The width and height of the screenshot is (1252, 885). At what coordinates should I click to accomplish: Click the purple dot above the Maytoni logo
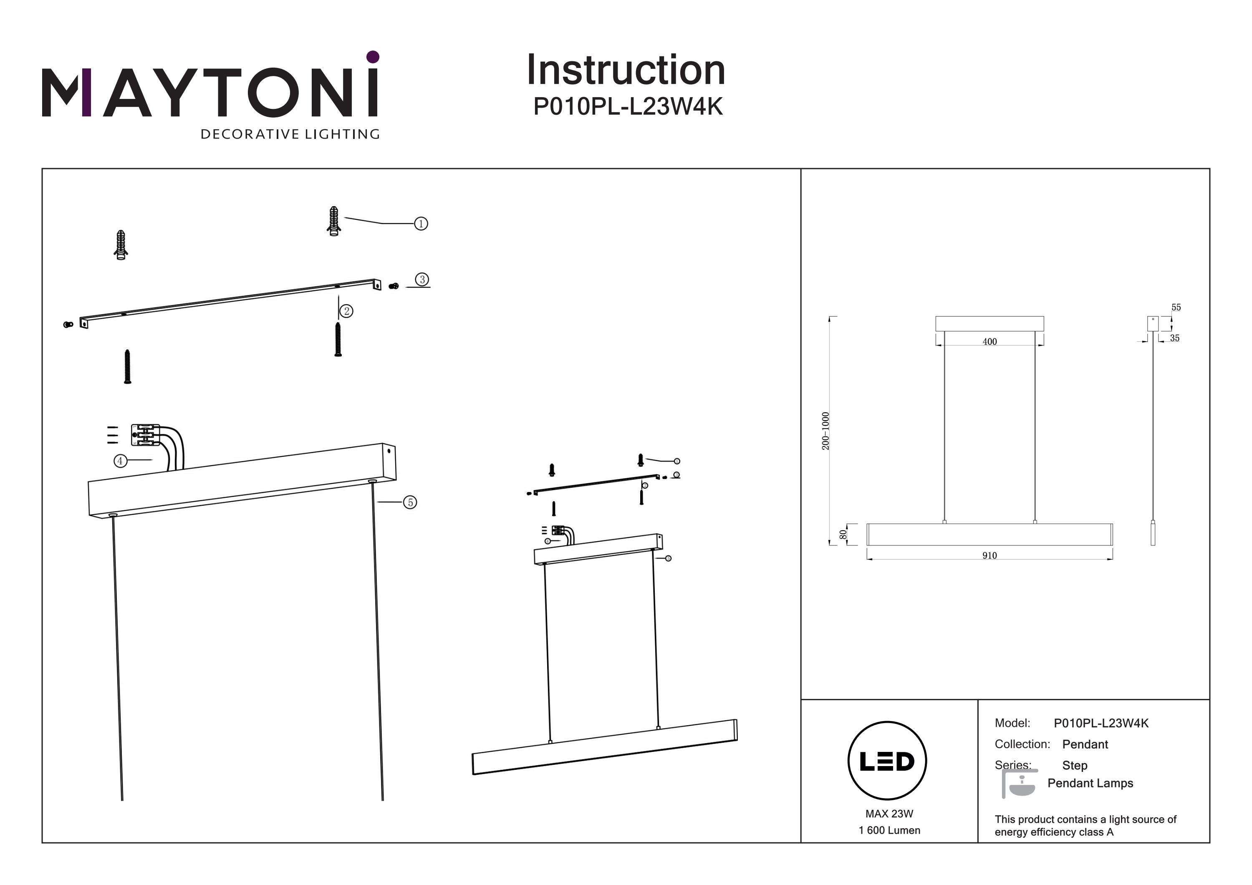tap(373, 57)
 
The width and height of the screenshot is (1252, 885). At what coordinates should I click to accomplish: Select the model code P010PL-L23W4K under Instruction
tap(628, 106)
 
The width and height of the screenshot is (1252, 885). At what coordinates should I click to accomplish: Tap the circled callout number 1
tap(421, 224)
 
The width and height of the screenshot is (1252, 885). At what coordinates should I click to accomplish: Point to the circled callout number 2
tap(346, 311)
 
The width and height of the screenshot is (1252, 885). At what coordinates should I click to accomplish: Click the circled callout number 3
tap(422, 280)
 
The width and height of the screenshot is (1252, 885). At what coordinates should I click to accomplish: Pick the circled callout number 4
tap(120, 461)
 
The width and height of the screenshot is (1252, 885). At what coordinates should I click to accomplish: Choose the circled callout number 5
tap(410, 502)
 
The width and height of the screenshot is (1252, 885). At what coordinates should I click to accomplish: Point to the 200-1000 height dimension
tap(825, 431)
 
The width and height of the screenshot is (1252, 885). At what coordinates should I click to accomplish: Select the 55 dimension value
tap(1176, 308)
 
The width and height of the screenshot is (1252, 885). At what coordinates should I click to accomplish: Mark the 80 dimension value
tap(843, 535)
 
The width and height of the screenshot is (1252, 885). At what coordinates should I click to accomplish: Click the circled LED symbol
tap(887, 761)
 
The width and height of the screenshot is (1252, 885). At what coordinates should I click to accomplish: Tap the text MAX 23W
tap(889, 814)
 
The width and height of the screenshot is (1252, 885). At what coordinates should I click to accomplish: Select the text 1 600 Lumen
tap(889, 830)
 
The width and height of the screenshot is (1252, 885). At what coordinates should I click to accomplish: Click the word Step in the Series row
tap(1074, 766)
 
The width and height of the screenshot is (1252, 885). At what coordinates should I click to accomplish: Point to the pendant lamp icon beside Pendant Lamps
tap(1020, 784)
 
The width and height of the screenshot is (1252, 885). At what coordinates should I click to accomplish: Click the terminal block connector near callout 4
tap(146, 435)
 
